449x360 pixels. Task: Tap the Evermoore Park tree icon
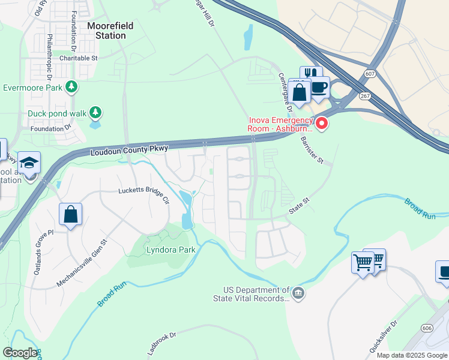click(71, 87)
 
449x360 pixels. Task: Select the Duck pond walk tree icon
click(95, 112)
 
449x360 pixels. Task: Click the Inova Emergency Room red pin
click(322, 124)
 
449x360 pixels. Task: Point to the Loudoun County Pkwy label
click(130, 149)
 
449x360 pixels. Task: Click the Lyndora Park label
click(171, 248)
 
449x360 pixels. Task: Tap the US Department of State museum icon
click(298, 293)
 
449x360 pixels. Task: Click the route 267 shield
click(364, 96)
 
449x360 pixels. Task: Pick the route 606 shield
click(427, 328)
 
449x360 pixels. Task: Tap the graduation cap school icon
click(29, 163)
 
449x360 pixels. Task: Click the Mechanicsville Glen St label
click(82, 263)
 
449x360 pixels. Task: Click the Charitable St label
click(79, 58)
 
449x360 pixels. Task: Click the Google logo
click(20, 353)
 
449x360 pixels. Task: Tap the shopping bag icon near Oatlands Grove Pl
click(71, 214)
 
